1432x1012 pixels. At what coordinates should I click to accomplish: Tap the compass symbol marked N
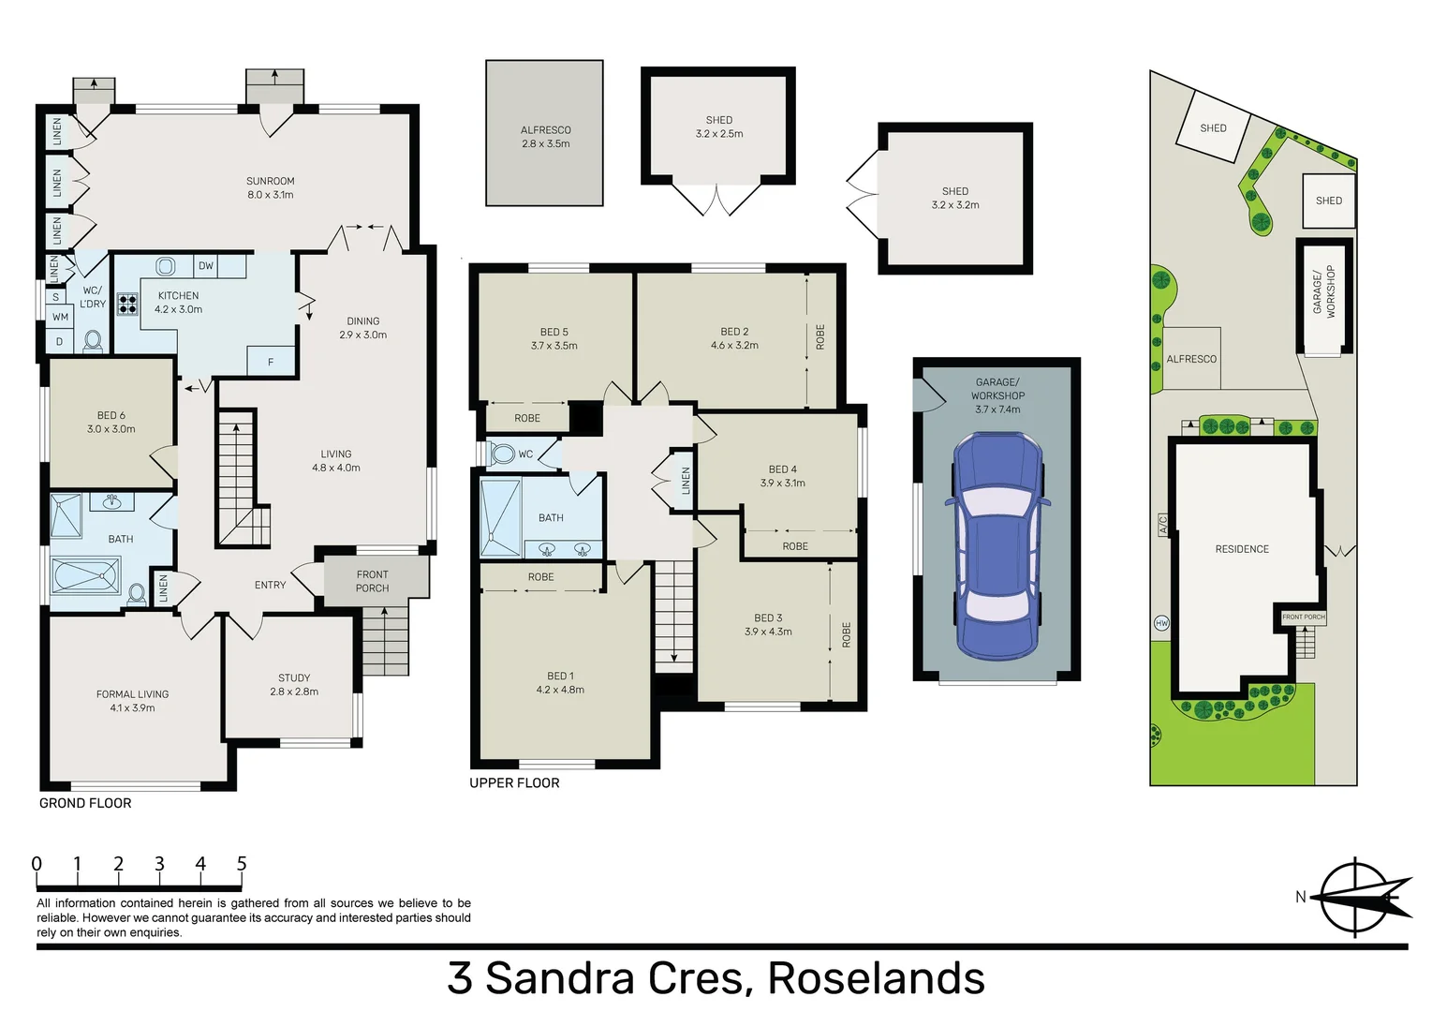(x=1355, y=897)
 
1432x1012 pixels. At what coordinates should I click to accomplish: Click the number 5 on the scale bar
(x=242, y=864)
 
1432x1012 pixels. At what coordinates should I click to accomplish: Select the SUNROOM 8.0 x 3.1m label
(x=270, y=187)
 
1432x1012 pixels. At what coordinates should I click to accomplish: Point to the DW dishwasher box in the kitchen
(x=206, y=266)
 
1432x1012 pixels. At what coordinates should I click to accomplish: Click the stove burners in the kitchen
(x=127, y=304)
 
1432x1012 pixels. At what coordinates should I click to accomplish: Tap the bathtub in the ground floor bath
(x=85, y=575)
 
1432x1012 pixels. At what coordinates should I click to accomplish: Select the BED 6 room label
(x=111, y=422)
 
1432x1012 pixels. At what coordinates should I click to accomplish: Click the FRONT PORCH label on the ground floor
(x=372, y=581)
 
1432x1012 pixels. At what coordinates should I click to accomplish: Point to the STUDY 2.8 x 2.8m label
(x=293, y=684)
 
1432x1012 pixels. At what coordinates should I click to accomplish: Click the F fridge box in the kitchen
(x=271, y=362)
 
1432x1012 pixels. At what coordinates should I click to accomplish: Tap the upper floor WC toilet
(x=504, y=454)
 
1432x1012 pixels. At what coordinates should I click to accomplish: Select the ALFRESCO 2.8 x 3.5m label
(x=545, y=137)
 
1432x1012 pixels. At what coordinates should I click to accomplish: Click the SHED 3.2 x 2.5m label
(x=718, y=126)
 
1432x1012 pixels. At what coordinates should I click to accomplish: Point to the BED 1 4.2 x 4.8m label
(x=560, y=682)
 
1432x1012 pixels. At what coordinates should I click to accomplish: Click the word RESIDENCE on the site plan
(x=1242, y=549)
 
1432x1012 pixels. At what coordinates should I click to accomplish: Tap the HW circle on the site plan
(x=1161, y=623)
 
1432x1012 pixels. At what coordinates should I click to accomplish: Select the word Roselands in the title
(x=876, y=978)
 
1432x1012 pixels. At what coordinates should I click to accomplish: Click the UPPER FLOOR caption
(x=514, y=783)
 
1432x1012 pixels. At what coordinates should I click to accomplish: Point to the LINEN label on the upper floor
(x=686, y=481)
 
